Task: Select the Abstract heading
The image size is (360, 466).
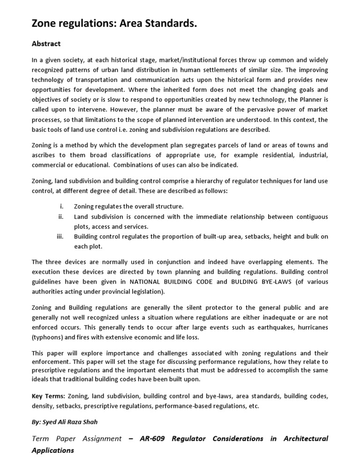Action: [46, 44]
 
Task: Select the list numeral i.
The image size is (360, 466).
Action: [61, 206]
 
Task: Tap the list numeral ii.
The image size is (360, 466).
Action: [60, 217]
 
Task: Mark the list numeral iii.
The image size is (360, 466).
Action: [60, 236]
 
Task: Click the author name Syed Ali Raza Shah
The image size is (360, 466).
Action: [70, 422]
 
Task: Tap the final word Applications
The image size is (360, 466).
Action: [52, 451]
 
